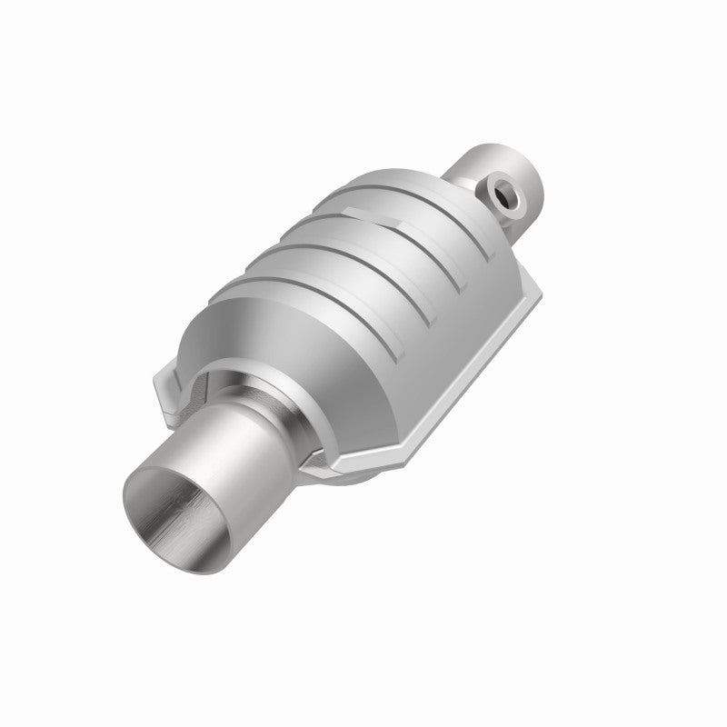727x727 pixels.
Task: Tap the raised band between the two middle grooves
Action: point(363,264)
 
